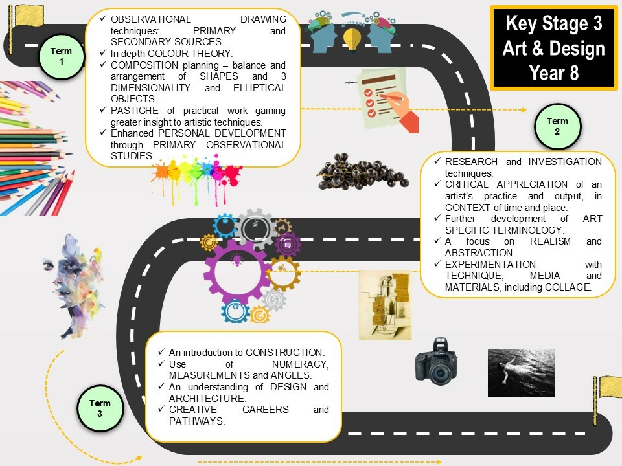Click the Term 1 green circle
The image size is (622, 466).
click(62, 56)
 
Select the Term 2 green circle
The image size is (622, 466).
click(557, 126)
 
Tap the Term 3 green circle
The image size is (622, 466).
click(100, 408)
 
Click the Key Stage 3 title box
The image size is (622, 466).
click(554, 47)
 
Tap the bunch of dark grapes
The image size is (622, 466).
click(362, 172)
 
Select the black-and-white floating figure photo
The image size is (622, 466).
click(521, 373)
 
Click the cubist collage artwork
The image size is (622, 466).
click(385, 305)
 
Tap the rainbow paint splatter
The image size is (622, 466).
click(197, 179)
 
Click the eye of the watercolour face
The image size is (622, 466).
click(48, 264)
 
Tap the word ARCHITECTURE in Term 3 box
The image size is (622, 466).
click(207, 398)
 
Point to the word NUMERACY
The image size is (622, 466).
click(299, 364)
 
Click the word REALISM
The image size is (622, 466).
click(550, 241)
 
